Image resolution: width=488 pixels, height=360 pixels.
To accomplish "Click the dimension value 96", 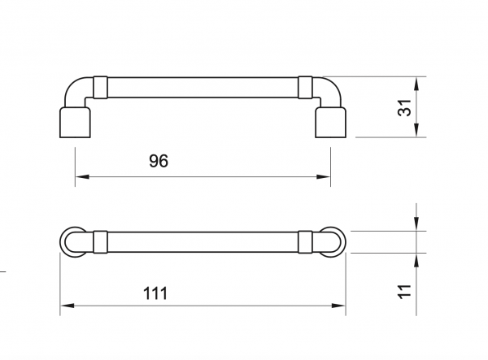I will coord(159,161).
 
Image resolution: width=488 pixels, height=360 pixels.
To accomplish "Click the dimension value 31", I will coord(404,108).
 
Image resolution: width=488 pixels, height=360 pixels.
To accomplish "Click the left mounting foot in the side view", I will coord(75,124).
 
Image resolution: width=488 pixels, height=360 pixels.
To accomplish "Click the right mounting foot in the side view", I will coord(331,124).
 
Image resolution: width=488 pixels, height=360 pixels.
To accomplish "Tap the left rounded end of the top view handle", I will coord(71,241).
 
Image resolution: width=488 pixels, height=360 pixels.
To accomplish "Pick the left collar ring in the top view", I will coord(100,241).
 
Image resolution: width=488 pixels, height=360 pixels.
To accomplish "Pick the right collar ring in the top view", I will coord(305,241).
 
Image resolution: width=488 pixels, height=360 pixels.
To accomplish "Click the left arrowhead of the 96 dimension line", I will coord(80,177).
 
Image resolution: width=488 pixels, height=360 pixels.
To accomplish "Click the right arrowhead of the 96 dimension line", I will coord(326,177).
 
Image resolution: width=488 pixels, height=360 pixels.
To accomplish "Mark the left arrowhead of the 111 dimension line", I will coord(65,307).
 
